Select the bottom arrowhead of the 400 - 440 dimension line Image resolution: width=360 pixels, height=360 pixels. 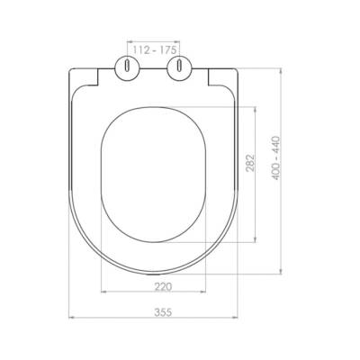point(282,270)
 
